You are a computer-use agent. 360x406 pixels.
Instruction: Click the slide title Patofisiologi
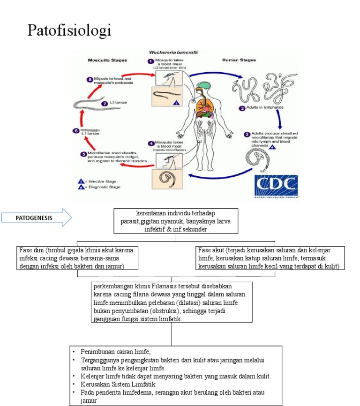[x=69, y=30]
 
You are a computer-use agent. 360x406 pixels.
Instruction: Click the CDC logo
[x=276, y=186]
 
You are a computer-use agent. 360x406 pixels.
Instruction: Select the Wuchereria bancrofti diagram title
[x=172, y=53]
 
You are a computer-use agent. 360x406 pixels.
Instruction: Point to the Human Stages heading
[x=237, y=60]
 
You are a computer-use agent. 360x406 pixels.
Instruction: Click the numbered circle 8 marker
[x=90, y=80]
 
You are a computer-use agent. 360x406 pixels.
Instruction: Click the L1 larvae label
[x=89, y=134]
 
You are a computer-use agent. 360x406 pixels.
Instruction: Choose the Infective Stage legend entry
[x=101, y=181]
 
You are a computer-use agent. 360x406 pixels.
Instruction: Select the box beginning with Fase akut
[x=271, y=258]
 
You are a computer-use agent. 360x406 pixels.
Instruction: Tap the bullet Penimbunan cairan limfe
[x=115, y=351]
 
